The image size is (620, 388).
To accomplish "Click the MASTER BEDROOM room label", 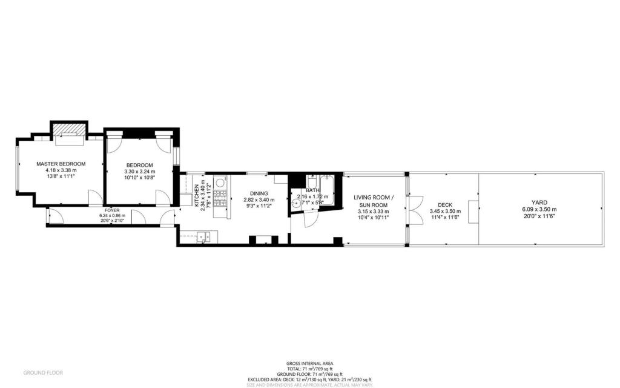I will click(61, 164).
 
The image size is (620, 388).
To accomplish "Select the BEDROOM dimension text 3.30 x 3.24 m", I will click(140, 172).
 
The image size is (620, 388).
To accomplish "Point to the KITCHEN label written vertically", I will click(196, 196).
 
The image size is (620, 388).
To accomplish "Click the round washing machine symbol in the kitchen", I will click(221, 181).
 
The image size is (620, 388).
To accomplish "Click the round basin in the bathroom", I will click(296, 204).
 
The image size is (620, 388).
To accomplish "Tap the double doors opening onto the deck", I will click(414, 210).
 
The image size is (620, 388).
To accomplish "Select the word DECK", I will click(445, 205).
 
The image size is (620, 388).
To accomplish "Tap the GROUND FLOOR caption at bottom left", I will click(42, 372).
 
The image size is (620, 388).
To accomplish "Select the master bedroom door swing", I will click(96, 198).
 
